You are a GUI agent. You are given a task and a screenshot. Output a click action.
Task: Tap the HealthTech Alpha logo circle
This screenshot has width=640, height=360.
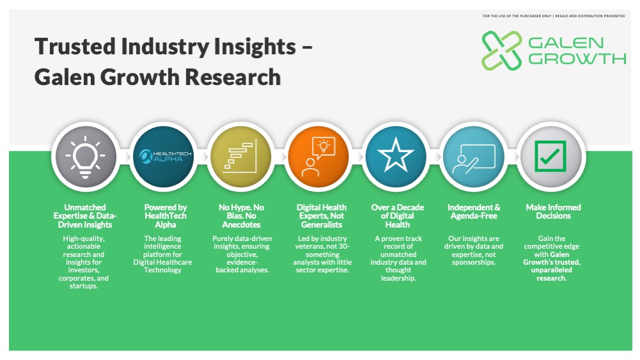coord(164,157)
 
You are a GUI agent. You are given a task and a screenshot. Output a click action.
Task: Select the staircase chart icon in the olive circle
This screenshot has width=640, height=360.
coord(241,156)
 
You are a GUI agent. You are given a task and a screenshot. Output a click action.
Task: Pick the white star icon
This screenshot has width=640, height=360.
coord(396,154)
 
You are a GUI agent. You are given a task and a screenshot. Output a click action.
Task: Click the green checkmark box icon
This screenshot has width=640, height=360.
coord(550,156)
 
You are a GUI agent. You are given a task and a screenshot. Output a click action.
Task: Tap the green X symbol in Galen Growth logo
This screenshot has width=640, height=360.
coord(502,51)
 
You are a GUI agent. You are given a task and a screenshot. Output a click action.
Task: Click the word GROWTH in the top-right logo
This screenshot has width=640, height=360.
coord(577,59)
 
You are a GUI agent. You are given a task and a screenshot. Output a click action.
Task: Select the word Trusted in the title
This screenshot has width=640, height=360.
coord(75,46)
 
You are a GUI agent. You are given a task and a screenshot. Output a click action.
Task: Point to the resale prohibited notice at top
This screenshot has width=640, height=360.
coord(554,16)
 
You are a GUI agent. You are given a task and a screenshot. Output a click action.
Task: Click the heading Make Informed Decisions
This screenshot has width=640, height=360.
coord(553,212)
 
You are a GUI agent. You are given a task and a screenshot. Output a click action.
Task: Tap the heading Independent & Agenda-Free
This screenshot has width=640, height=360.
coord(474,212)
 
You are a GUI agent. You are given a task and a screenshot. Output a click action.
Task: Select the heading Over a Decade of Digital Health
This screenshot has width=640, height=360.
coord(398,216)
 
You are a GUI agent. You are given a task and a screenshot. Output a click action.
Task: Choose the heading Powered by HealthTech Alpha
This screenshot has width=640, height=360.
coord(166,216)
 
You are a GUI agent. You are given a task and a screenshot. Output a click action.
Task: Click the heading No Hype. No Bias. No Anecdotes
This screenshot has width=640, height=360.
coord(241,216)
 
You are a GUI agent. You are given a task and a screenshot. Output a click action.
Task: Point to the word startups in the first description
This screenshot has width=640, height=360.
coord(83,286)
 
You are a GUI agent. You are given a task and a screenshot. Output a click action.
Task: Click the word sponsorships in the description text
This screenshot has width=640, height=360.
coord(474,262)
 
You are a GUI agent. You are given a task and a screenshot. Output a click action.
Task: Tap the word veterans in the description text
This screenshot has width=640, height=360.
coord(309,247)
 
